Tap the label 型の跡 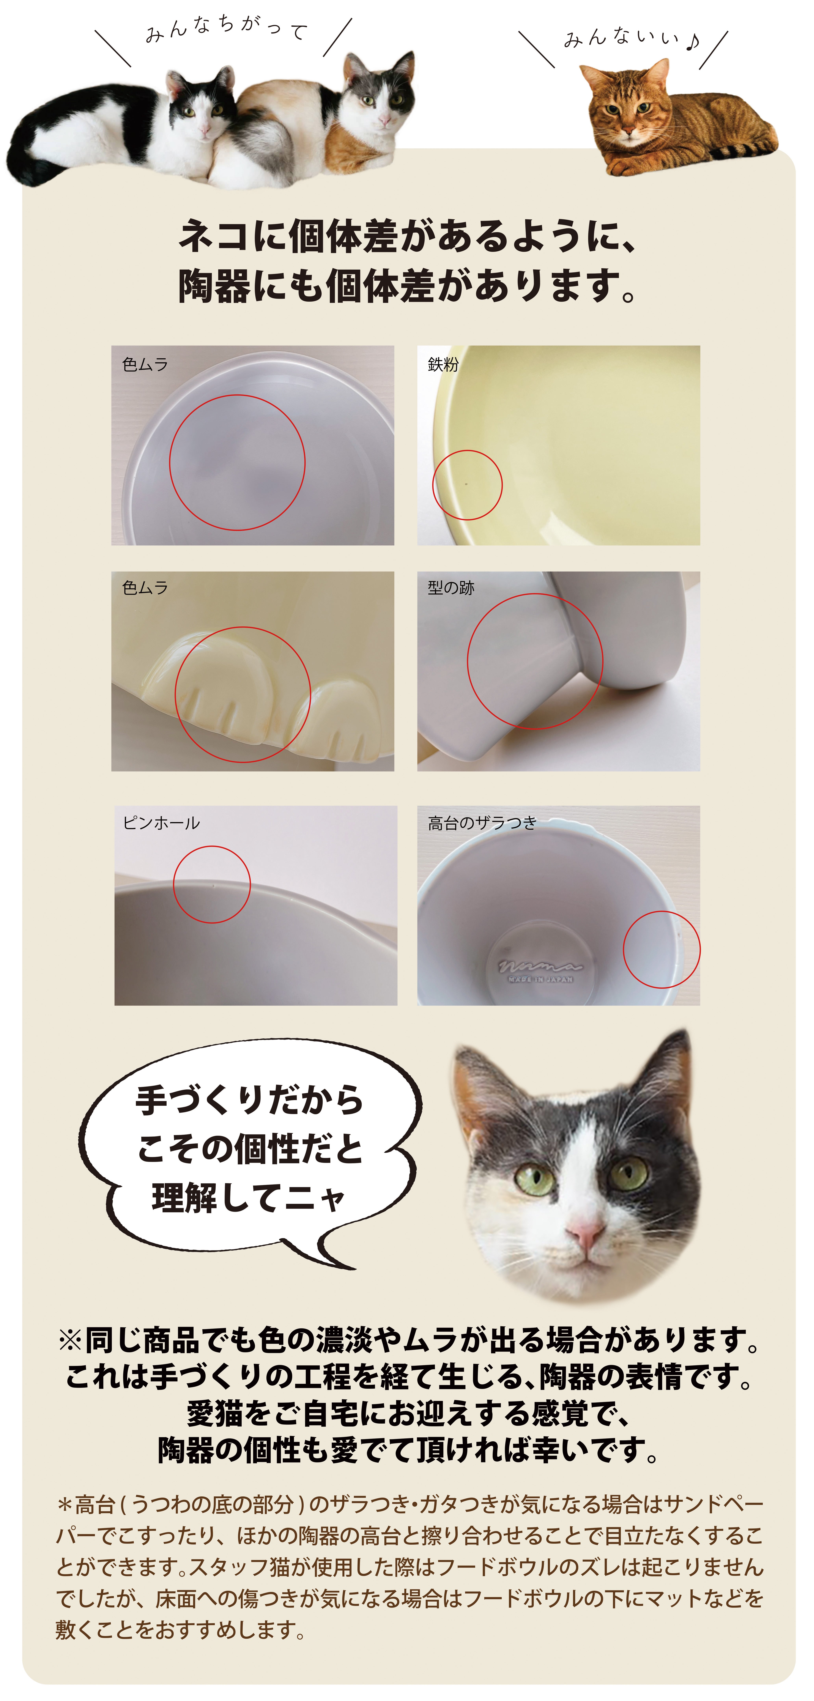[x=451, y=588]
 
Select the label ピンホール [x=161, y=823]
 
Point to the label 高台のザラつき [x=482, y=823]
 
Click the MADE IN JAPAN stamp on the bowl [x=540, y=979]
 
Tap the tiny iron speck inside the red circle [x=466, y=484]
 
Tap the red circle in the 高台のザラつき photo [x=662, y=912]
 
